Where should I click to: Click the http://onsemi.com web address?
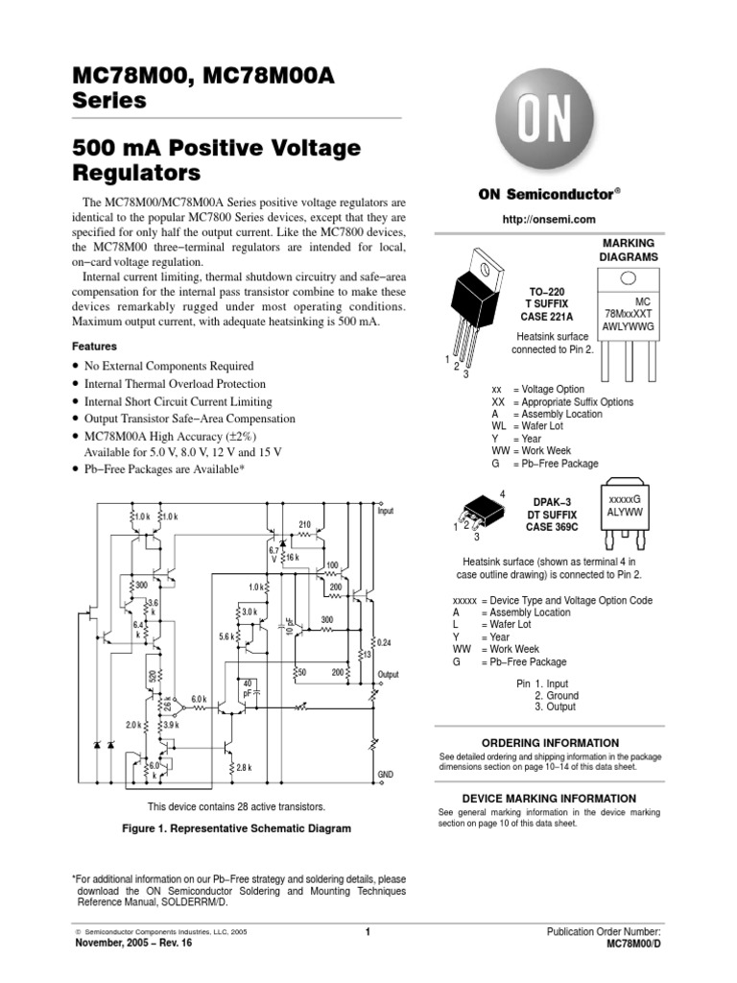click(x=544, y=221)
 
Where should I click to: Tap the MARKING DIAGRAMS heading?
click(x=629, y=251)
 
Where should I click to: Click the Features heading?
click(x=95, y=346)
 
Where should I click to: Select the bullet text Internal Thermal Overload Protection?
click(x=177, y=384)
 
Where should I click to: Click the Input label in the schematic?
click(x=385, y=512)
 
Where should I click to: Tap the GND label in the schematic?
click(x=386, y=774)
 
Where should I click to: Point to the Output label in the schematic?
click(x=388, y=675)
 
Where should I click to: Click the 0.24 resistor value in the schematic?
click(x=385, y=641)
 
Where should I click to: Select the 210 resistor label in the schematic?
click(x=305, y=525)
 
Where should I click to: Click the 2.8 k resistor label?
click(x=242, y=768)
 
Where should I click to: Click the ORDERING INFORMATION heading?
click(x=549, y=743)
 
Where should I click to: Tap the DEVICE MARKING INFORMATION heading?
click(x=549, y=799)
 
